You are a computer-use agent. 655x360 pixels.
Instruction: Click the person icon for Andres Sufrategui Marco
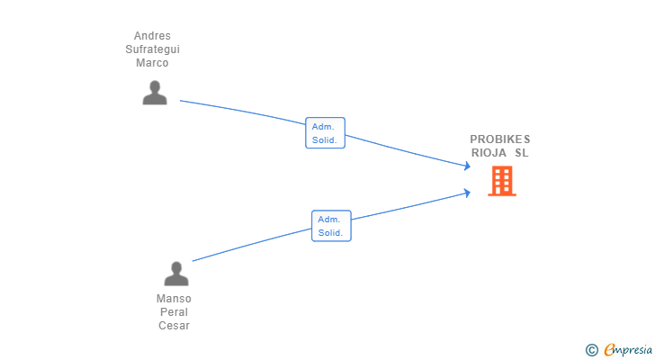point(155,93)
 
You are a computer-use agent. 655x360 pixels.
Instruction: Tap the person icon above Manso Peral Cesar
point(176,274)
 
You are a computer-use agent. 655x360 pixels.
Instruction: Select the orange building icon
point(502,181)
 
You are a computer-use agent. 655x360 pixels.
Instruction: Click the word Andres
point(152,36)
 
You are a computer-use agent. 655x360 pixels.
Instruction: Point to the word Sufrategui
point(152,49)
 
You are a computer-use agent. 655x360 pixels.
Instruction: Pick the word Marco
point(152,63)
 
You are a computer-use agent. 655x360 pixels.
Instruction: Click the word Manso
point(174,299)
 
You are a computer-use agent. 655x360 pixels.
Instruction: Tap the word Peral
point(175,312)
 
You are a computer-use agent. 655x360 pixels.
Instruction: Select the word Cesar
point(175,325)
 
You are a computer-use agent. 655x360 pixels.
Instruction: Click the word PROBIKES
point(500,139)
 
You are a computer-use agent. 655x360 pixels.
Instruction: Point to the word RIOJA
point(489,153)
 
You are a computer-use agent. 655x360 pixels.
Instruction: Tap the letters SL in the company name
point(522,153)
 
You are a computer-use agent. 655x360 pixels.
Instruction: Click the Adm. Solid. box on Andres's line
point(325,133)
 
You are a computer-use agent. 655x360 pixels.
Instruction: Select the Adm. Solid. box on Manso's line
point(331,226)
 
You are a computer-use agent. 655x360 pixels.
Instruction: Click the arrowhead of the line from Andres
point(468,166)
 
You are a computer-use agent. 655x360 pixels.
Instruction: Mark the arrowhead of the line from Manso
point(468,193)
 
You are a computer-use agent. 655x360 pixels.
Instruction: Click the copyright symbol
point(591,350)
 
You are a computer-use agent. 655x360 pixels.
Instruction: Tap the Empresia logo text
point(628,350)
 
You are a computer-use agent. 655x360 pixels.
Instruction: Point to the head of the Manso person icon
point(176,267)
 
